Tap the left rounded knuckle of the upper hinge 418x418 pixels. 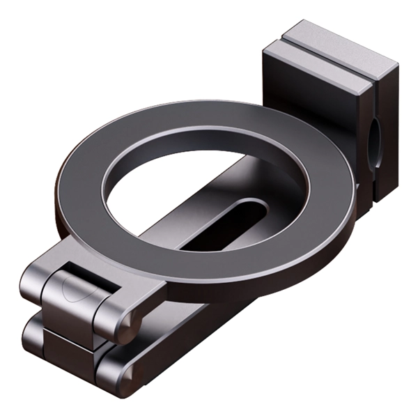tap(35, 286)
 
